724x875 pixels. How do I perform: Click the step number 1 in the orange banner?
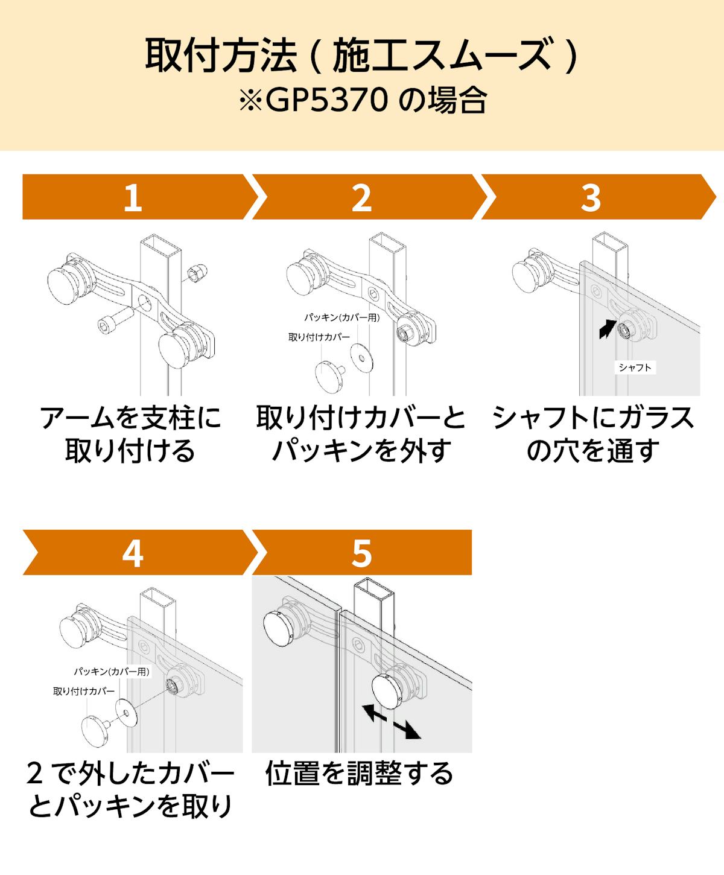pos(132,197)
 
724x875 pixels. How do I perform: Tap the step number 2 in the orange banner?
pos(361,197)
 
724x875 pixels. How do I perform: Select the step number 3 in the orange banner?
pos(591,197)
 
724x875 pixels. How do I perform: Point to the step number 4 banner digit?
pos(132,553)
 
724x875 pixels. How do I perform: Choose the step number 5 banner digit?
pos(361,553)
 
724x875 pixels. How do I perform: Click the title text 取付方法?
pos(220,56)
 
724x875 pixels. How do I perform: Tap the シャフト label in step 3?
pos(635,367)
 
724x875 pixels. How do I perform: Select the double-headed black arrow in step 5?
pos(390,721)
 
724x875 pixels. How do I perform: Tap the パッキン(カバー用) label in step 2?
pos(341,317)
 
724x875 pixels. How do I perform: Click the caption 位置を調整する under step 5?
pos(359,774)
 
